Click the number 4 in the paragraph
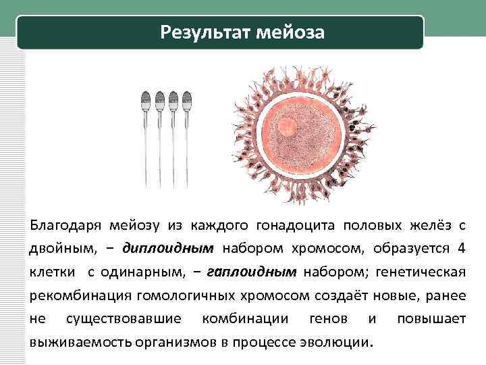[461, 248]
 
